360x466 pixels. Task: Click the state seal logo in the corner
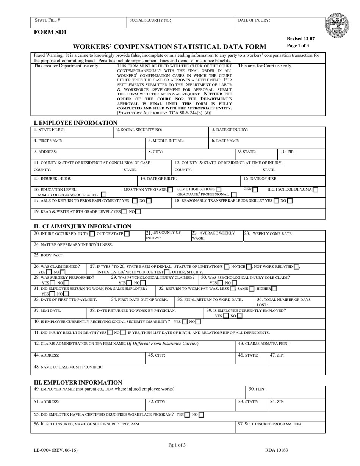click(x=337, y=25)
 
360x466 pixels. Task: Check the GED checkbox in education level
click(x=255, y=189)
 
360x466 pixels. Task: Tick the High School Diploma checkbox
click(x=315, y=189)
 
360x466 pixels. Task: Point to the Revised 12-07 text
click(x=301, y=39)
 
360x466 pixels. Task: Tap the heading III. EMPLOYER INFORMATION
click(x=78, y=382)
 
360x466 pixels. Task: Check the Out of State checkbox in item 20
click(x=127, y=234)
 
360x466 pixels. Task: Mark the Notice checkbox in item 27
click(x=249, y=267)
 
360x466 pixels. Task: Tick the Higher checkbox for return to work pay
click(x=274, y=289)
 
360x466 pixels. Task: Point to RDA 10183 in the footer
click(x=276, y=450)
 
